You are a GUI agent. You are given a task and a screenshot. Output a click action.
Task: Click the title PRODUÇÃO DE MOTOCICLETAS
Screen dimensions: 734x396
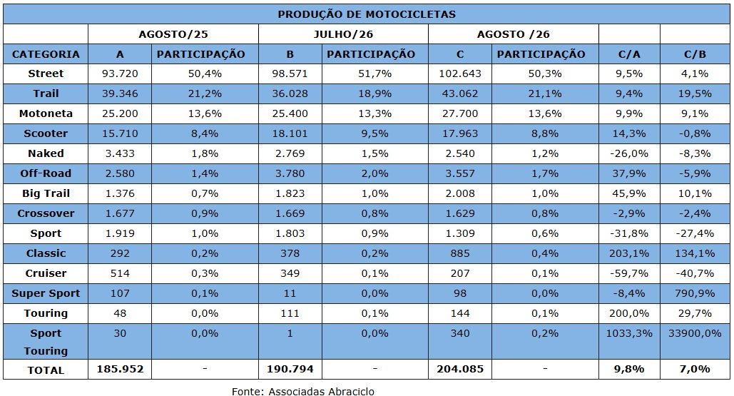367,14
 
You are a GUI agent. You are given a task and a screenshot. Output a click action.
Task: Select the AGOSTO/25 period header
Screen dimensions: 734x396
173,34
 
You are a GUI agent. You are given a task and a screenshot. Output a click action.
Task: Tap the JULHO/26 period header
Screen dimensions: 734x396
343,34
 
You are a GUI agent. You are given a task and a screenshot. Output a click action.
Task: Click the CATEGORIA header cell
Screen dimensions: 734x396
46,54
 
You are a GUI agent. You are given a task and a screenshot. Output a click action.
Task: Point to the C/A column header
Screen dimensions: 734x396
629,54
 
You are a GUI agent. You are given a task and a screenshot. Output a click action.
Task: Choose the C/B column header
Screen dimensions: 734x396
695,54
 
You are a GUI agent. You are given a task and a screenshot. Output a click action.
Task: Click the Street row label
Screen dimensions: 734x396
46,73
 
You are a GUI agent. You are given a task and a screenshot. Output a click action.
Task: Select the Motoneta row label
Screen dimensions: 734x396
46,113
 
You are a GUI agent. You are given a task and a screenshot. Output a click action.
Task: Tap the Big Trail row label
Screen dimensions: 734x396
46,193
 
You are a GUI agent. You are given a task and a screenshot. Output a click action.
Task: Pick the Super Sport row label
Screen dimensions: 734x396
46,293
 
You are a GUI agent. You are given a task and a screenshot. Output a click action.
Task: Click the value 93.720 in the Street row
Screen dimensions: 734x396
120,73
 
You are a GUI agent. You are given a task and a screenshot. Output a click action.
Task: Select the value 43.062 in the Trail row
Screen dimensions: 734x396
460,93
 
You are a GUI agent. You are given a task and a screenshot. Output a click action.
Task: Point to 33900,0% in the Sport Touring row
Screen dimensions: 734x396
695,333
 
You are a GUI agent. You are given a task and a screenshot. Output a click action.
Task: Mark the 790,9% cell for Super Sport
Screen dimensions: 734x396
695,293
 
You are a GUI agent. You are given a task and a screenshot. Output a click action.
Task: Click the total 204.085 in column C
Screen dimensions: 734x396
460,369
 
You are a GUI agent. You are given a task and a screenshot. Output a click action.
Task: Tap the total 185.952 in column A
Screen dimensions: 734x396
120,369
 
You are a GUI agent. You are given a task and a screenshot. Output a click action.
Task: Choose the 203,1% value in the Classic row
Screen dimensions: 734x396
629,253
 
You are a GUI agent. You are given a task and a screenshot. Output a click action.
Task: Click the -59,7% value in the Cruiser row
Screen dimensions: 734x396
629,273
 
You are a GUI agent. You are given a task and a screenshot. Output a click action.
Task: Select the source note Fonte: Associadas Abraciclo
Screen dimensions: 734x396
303,391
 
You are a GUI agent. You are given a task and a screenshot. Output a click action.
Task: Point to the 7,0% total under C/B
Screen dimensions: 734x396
695,369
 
